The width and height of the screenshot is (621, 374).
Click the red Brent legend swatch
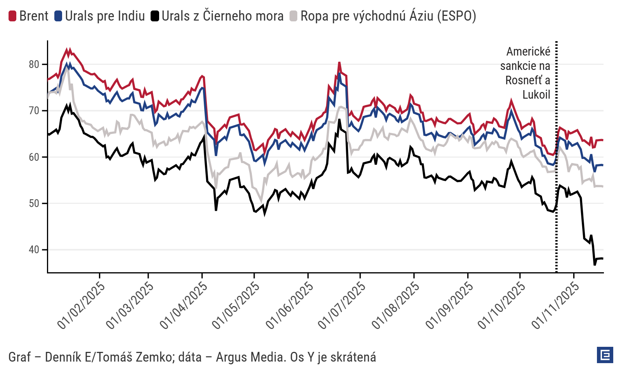[12, 16]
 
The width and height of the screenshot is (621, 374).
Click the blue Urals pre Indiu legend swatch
[58, 16]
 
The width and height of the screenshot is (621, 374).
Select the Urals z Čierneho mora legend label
[222, 16]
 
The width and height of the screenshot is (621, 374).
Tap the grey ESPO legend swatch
[293, 16]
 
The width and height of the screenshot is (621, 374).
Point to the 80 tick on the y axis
[34, 64]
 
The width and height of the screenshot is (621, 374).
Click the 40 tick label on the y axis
[34, 250]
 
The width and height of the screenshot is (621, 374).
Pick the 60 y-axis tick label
[34, 157]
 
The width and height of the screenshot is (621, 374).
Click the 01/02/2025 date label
[82, 305]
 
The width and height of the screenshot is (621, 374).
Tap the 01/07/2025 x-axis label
[342, 305]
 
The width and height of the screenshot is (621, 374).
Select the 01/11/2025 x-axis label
[555, 305]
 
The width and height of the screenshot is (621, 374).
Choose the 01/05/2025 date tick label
[236, 305]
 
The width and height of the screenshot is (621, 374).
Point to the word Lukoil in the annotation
[536, 95]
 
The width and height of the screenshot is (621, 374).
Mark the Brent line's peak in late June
[339, 63]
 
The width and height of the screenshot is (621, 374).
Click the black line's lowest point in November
[595, 264]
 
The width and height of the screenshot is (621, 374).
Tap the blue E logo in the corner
[605, 355]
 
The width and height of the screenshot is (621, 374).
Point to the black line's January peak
[70, 105]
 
